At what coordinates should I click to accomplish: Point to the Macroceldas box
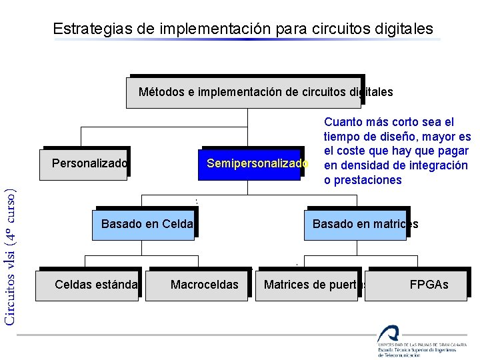tap(200, 285)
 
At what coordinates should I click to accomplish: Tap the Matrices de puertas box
tap(309, 285)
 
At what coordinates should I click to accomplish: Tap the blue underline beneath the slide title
tap(247, 39)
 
